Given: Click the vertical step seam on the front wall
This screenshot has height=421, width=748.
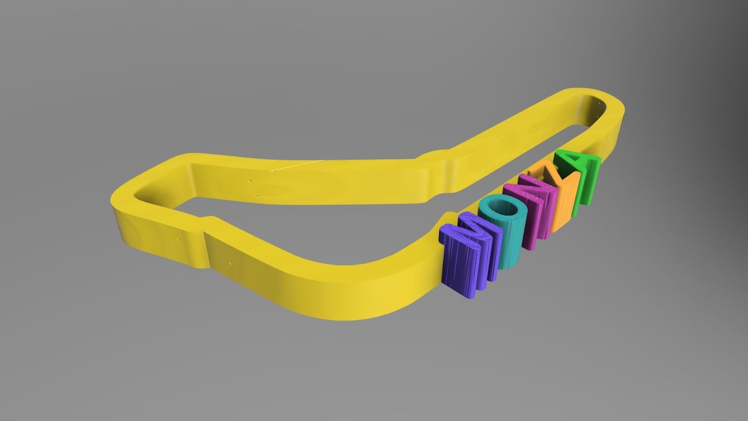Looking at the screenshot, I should click(x=206, y=249).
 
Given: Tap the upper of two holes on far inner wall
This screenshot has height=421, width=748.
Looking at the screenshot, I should click(x=249, y=181).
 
